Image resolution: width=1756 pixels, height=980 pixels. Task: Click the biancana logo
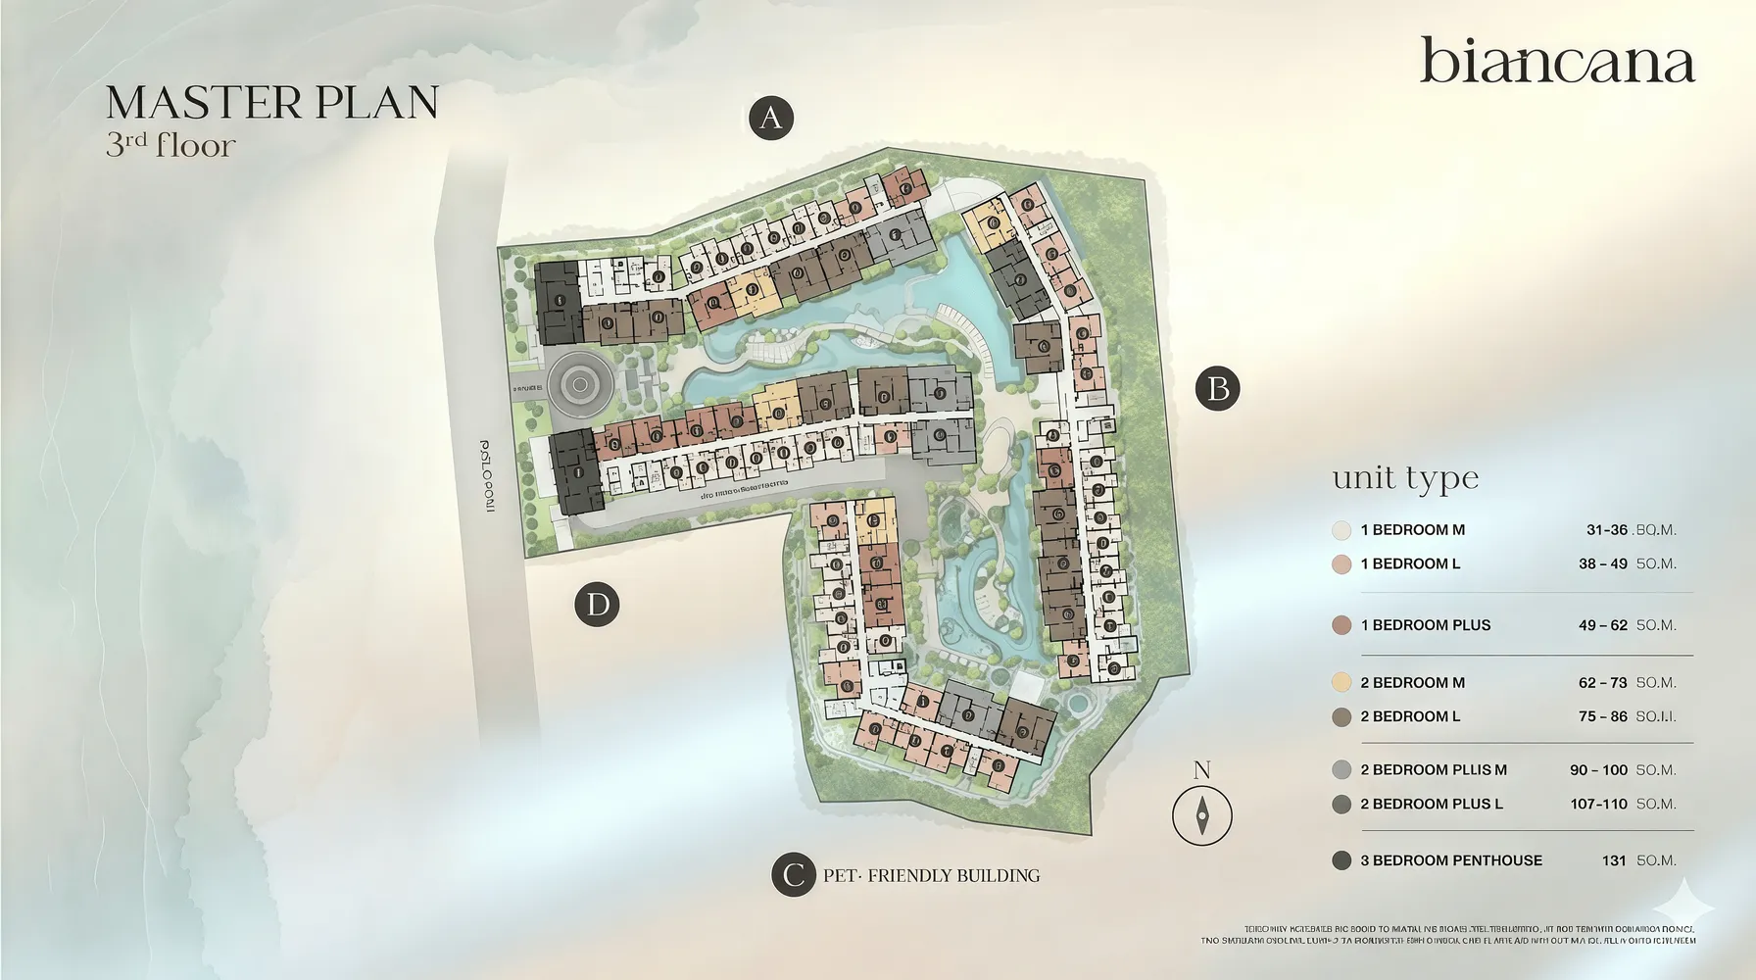[x=1557, y=61]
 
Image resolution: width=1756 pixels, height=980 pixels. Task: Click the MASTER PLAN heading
[x=271, y=103]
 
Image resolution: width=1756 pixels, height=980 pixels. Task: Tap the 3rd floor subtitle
[x=171, y=145]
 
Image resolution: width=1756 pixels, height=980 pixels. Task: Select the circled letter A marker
[x=770, y=119]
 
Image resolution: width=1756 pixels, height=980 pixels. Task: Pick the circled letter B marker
[x=1218, y=389]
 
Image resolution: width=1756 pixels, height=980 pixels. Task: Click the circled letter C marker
[x=793, y=874]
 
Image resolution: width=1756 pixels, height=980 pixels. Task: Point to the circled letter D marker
[x=597, y=604]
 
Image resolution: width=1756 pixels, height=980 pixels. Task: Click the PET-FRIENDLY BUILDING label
[x=931, y=875]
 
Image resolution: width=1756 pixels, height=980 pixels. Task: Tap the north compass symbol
[x=1202, y=814]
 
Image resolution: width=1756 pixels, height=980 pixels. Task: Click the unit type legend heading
[x=1405, y=478]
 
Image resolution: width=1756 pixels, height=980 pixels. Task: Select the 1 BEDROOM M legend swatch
[x=1341, y=530]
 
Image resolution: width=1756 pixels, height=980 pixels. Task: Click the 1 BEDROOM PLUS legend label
[x=1425, y=625]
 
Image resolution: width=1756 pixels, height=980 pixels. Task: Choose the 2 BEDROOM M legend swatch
[x=1341, y=683]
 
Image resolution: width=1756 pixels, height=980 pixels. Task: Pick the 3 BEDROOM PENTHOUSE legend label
[x=1450, y=860]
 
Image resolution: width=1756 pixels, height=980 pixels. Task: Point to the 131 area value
[x=1614, y=860]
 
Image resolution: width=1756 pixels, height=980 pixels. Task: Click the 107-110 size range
[x=1598, y=804]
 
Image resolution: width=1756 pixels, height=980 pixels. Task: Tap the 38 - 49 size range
[x=1602, y=563]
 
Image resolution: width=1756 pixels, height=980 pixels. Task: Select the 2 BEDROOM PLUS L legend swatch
[x=1341, y=805]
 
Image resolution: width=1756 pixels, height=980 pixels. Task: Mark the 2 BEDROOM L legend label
[x=1410, y=716]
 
